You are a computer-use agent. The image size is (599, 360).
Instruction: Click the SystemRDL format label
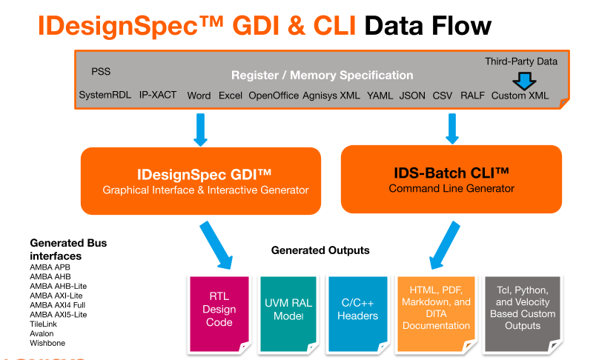[x=105, y=96]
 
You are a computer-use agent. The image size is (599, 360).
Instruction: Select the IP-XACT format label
[x=158, y=96]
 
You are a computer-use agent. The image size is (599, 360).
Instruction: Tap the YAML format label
[x=380, y=96]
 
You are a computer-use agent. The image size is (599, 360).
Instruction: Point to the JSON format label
[x=412, y=96]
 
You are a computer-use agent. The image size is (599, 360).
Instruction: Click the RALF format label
[x=472, y=96]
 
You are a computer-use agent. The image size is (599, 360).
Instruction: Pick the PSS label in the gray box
[x=101, y=72]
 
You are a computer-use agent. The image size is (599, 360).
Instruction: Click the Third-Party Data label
[x=521, y=61]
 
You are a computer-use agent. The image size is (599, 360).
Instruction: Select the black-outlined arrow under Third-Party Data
[x=526, y=80]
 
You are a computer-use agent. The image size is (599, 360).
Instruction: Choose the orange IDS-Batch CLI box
[x=451, y=179]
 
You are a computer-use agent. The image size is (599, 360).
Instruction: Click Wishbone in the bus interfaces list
[x=47, y=343]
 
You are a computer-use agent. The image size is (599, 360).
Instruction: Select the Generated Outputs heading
[x=320, y=250]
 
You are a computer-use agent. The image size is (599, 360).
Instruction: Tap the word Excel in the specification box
[x=230, y=96]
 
